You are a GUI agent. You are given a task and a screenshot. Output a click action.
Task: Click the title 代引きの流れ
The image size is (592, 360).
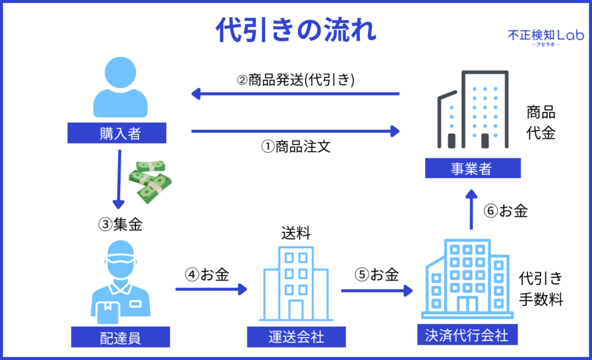[x=295, y=29]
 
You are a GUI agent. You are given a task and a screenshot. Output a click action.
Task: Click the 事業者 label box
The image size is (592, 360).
[x=473, y=169]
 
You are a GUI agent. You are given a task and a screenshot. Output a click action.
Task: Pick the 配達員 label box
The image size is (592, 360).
[x=120, y=338]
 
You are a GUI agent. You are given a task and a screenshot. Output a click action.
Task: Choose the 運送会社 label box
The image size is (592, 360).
[x=294, y=337]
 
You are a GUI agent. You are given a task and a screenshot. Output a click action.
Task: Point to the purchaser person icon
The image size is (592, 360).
[x=120, y=89]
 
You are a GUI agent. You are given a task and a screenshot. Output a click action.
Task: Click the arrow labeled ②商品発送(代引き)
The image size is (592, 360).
[x=295, y=94]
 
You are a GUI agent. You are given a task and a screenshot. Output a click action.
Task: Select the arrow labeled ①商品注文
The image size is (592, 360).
[x=295, y=131]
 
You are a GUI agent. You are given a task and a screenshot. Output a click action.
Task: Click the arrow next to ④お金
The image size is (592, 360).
[x=211, y=290]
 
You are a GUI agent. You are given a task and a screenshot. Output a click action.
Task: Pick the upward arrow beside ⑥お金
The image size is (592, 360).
[x=471, y=210]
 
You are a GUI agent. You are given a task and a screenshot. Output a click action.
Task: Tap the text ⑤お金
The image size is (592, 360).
[x=377, y=275]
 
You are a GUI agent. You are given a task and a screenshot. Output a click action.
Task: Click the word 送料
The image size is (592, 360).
[x=295, y=233]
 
